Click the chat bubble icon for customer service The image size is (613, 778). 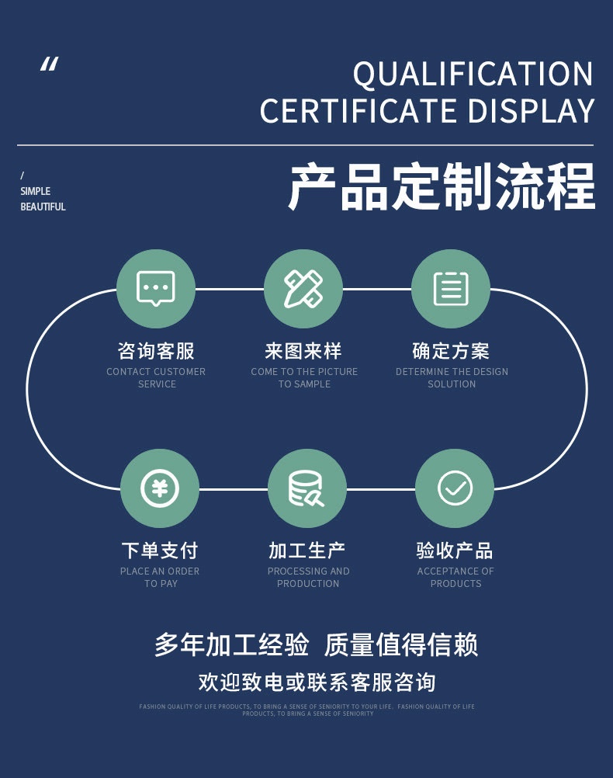156,288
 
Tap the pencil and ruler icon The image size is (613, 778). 303,288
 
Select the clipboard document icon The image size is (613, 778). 451,288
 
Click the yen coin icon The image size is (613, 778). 160,488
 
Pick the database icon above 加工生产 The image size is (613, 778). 306,488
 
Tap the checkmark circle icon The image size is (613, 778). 455,488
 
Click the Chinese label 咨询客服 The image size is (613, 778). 156,351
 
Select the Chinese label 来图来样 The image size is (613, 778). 303,351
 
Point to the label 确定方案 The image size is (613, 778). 451,351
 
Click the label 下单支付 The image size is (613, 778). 160,551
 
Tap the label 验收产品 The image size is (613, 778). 455,551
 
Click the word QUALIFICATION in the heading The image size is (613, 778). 473,75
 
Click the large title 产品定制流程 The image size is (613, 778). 442,186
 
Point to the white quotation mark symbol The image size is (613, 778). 49,64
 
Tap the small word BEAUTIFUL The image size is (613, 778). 43,207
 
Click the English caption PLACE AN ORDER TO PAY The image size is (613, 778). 160,577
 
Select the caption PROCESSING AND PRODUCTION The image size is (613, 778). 308,577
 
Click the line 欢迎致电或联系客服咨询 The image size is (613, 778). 317,682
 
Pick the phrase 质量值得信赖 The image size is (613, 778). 400,645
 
